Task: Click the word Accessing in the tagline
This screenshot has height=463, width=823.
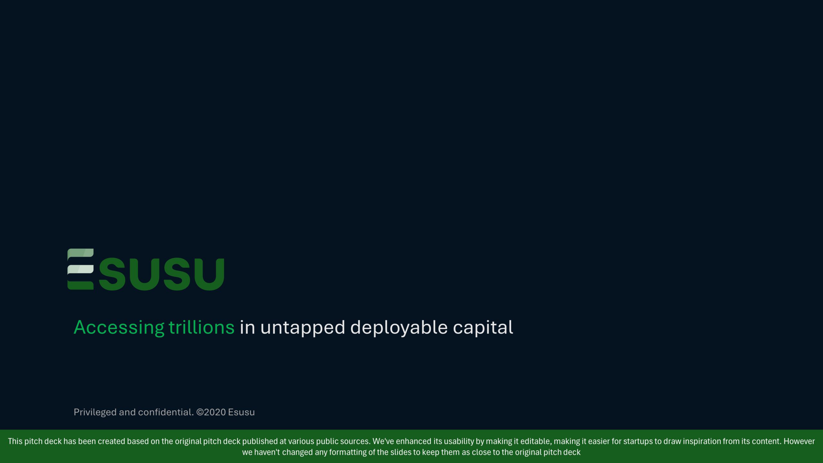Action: tap(119, 328)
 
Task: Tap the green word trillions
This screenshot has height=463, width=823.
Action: tap(202, 328)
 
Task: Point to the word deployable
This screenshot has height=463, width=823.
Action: tap(399, 328)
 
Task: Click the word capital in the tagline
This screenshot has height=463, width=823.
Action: tap(483, 328)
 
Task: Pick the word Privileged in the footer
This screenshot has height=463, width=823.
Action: tap(95, 412)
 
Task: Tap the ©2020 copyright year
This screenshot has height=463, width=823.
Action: tap(211, 412)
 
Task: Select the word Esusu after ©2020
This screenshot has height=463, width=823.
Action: tap(241, 412)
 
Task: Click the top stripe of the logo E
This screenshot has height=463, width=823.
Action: tap(80, 253)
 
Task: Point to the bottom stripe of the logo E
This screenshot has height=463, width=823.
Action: tap(80, 285)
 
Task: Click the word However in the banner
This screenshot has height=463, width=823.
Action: tap(799, 441)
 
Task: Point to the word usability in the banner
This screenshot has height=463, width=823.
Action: tap(459, 441)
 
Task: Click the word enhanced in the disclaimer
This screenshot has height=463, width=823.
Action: tap(413, 441)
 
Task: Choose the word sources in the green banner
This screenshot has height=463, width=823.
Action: tap(355, 441)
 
